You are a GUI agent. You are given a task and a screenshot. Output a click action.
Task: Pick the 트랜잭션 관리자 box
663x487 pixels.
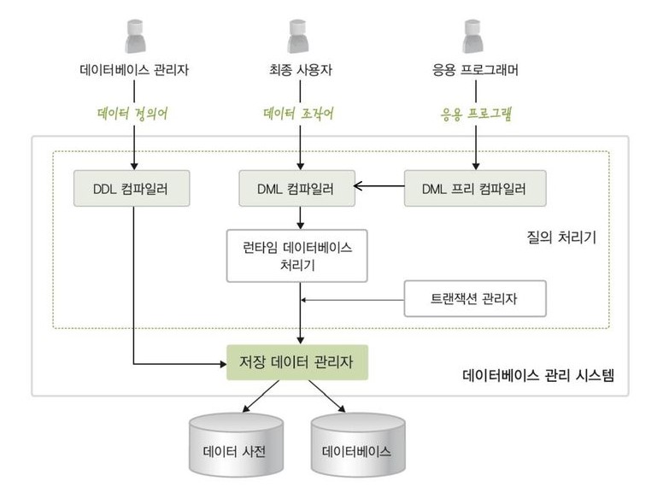(474, 299)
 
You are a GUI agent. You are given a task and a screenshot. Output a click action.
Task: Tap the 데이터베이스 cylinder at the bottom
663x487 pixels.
(357, 448)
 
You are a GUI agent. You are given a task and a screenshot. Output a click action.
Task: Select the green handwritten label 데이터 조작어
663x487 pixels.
(299, 114)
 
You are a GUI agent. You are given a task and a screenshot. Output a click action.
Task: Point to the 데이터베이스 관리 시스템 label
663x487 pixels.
(538, 374)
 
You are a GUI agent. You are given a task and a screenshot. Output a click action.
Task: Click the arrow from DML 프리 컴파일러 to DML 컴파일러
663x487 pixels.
(378, 186)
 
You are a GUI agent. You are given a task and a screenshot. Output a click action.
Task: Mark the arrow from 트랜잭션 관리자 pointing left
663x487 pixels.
(353, 299)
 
